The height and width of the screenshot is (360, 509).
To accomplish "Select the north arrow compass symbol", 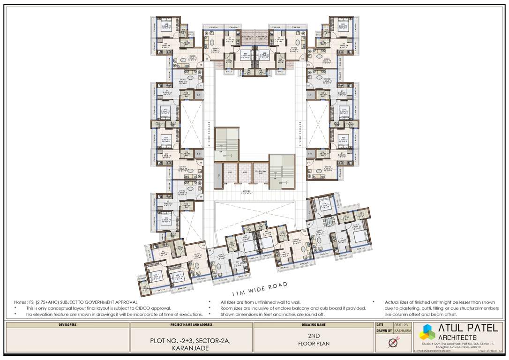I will click(393, 343).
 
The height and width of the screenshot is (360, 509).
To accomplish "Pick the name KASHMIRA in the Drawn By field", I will click(403, 331).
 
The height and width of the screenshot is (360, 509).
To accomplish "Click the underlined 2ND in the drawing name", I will click(314, 336).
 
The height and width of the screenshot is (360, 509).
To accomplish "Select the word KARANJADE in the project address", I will click(191, 348).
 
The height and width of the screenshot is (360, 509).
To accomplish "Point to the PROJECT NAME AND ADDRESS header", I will click(192, 324).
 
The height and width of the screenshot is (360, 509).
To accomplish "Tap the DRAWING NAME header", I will click(314, 324).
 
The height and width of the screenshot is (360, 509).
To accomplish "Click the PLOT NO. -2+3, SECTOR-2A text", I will click(192, 341).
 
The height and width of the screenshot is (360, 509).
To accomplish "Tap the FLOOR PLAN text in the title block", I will click(314, 344).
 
